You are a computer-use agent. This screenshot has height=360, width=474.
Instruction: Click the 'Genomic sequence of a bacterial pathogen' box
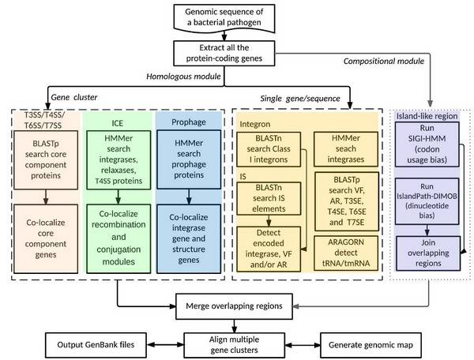pyautogui.click(x=224, y=18)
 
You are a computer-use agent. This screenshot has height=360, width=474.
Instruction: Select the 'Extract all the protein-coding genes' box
pyautogui.click(x=224, y=53)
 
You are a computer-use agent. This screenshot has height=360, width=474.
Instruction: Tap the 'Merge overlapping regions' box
pyautogui.click(x=234, y=306)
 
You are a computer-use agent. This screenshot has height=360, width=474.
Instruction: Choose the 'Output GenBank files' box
pyautogui.click(x=96, y=345)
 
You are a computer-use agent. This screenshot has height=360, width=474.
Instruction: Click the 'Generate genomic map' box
pyautogui.click(x=371, y=345)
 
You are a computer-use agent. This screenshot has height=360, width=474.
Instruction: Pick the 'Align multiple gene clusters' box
pyautogui.click(x=235, y=345)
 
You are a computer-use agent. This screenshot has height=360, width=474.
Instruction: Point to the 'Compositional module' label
pyautogui.click(x=384, y=62)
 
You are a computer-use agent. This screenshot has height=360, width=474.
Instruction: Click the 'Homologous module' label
pyautogui.click(x=183, y=77)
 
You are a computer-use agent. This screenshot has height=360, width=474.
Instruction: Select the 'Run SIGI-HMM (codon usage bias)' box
pyautogui.click(x=427, y=144)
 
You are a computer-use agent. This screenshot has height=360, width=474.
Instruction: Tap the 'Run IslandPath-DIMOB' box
pyautogui.click(x=427, y=201)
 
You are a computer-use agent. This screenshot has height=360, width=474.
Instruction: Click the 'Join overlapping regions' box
pyautogui.click(x=428, y=253)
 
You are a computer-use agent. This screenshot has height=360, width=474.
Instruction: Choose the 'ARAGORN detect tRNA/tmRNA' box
pyautogui.click(x=346, y=253)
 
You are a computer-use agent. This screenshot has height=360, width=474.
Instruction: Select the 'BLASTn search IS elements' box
pyautogui.click(x=269, y=198)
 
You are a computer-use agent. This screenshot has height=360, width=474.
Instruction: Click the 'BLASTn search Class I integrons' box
pyautogui.click(x=269, y=149)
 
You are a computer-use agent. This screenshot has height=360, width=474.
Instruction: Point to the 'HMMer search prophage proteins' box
pyautogui.click(x=189, y=159)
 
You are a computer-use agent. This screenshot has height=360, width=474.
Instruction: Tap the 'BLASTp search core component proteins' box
pyautogui.click(x=46, y=160)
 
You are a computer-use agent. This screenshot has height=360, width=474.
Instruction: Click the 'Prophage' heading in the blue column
pyautogui.click(x=189, y=122)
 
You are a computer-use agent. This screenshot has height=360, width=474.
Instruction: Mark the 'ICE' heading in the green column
pyautogui.click(x=117, y=123)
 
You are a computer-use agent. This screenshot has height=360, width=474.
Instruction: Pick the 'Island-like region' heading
pyautogui.click(x=427, y=116)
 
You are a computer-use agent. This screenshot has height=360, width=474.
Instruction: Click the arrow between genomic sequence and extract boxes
pyautogui.click(x=224, y=36)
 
